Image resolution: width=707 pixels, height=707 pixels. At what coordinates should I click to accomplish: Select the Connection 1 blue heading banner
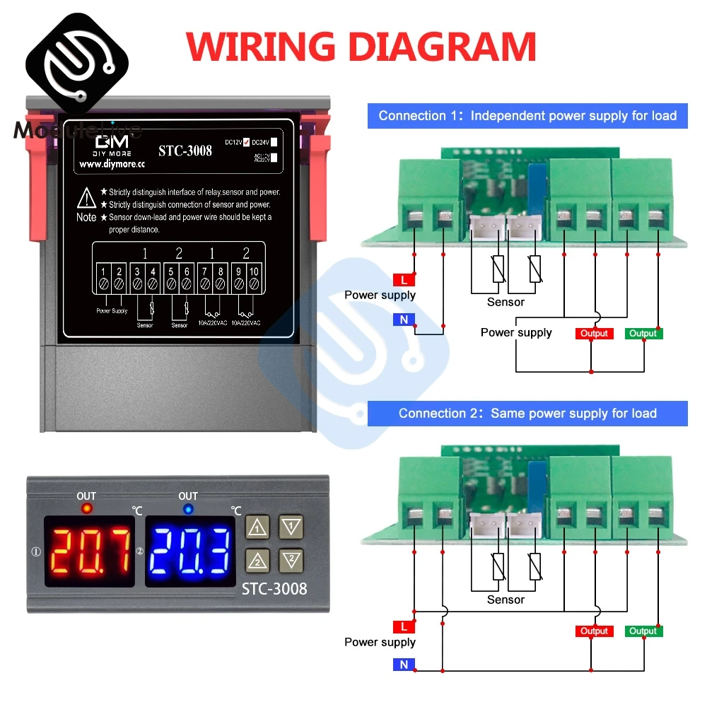(527, 116)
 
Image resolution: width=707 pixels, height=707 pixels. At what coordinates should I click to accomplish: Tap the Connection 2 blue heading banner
(527, 414)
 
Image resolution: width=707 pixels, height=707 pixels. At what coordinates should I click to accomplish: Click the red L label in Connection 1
(403, 280)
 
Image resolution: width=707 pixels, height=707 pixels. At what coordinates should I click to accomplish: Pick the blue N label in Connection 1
(403, 320)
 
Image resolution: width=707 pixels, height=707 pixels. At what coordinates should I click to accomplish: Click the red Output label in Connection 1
(593, 334)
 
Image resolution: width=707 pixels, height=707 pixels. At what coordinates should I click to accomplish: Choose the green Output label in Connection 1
(643, 334)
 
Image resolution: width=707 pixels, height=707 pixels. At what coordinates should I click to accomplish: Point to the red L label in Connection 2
(403, 626)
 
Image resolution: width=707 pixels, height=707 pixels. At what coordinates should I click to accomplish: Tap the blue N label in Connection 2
(403, 665)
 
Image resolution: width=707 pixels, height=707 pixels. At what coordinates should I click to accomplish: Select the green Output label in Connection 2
(643, 631)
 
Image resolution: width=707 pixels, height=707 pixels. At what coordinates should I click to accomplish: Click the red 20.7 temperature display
(90, 551)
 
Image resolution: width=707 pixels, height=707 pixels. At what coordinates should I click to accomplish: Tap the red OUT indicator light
(86, 508)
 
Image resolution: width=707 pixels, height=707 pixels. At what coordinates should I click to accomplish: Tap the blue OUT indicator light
(188, 508)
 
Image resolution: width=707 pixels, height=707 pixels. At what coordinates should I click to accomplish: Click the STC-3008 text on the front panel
(275, 588)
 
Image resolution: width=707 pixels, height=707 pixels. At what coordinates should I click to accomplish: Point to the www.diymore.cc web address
(111, 165)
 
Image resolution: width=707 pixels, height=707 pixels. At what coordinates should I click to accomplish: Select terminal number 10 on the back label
(253, 271)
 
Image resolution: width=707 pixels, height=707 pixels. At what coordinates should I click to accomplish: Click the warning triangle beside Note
(86, 197)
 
